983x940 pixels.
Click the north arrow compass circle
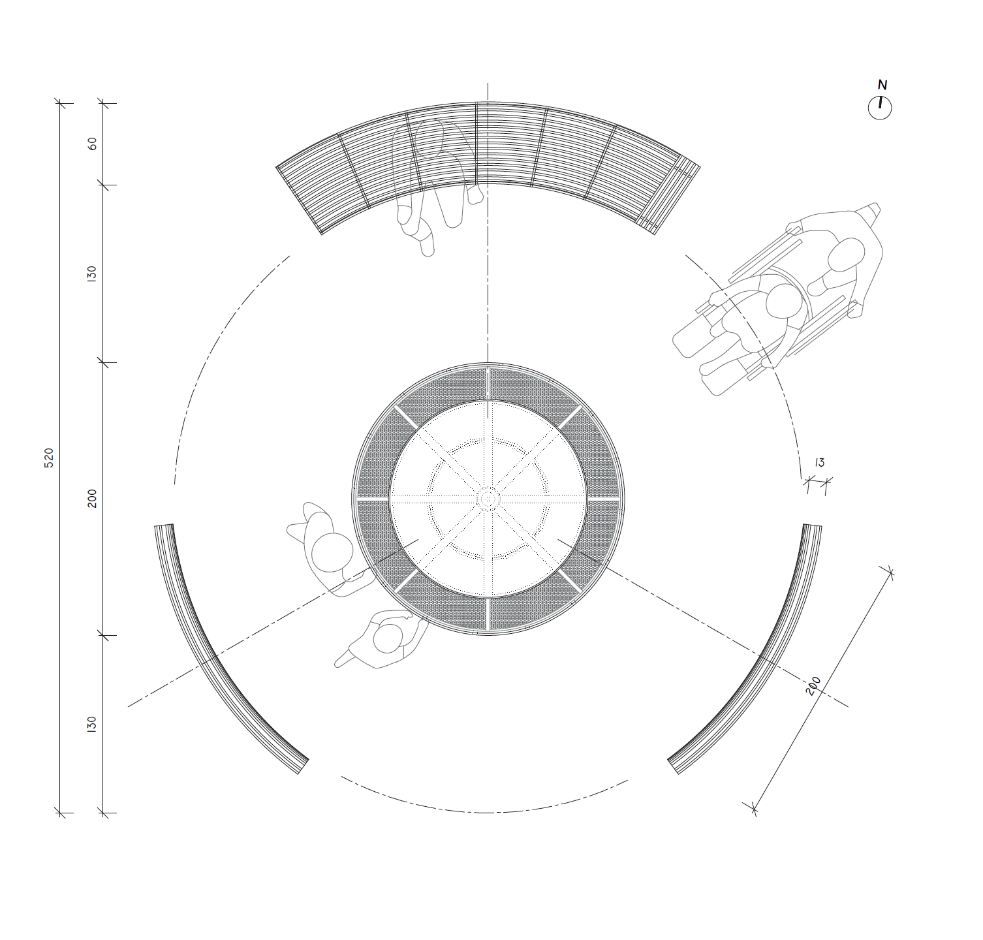(x=879, y=108)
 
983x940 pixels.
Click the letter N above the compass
(x=882, y=85)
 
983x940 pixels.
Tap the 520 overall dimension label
(x=49, y=458)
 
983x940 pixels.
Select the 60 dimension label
(x=92, y=144)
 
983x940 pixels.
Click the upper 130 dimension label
(x=91, y=274)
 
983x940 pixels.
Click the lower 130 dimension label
(x=91, y=724)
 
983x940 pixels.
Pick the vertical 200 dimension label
(x=92, y=498)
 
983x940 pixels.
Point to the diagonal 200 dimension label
(x=813, y=685)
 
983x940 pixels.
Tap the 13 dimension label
(x=820, y=462)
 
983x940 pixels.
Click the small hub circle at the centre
(x=488, y=499)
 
